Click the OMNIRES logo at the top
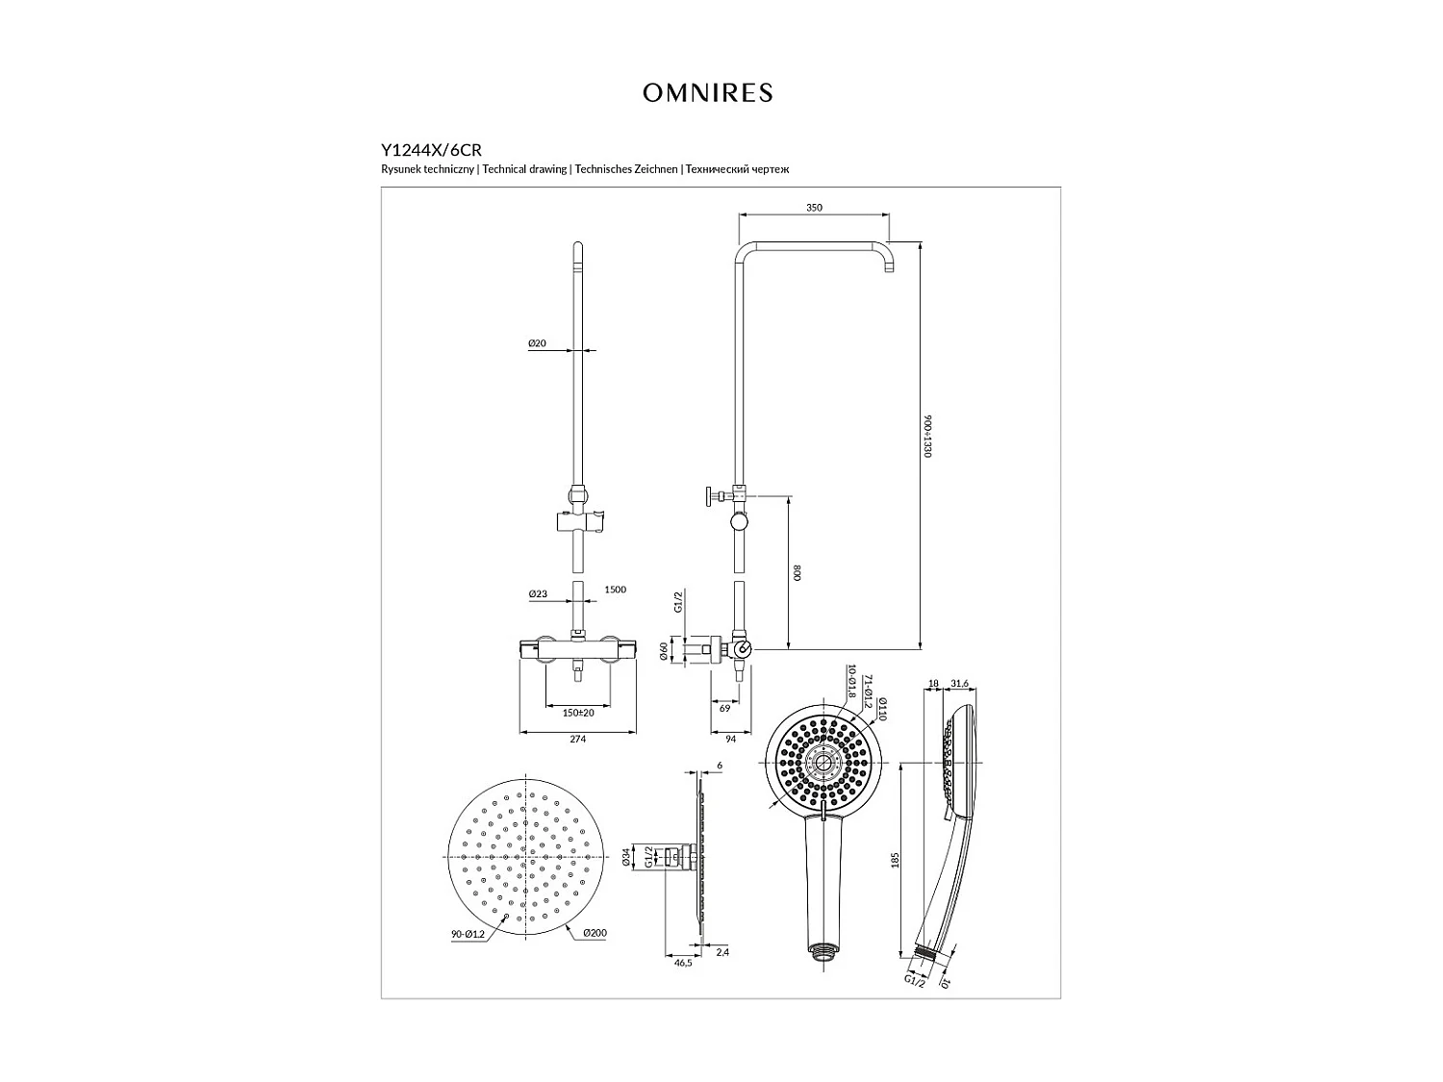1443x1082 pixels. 707,93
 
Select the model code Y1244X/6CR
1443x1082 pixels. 431,150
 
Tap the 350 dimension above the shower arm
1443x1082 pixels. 814,208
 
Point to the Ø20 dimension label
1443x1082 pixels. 537,343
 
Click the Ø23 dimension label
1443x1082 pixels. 538,594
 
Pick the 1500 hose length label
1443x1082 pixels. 615,590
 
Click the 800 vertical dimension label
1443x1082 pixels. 797,572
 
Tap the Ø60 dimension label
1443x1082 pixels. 664,651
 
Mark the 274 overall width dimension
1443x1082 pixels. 577,739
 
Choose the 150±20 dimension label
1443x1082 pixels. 578,712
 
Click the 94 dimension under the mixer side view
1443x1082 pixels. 730,739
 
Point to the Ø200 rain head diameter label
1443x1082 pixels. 594,933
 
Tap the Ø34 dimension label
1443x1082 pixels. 626,856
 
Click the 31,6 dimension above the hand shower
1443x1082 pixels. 959,684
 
